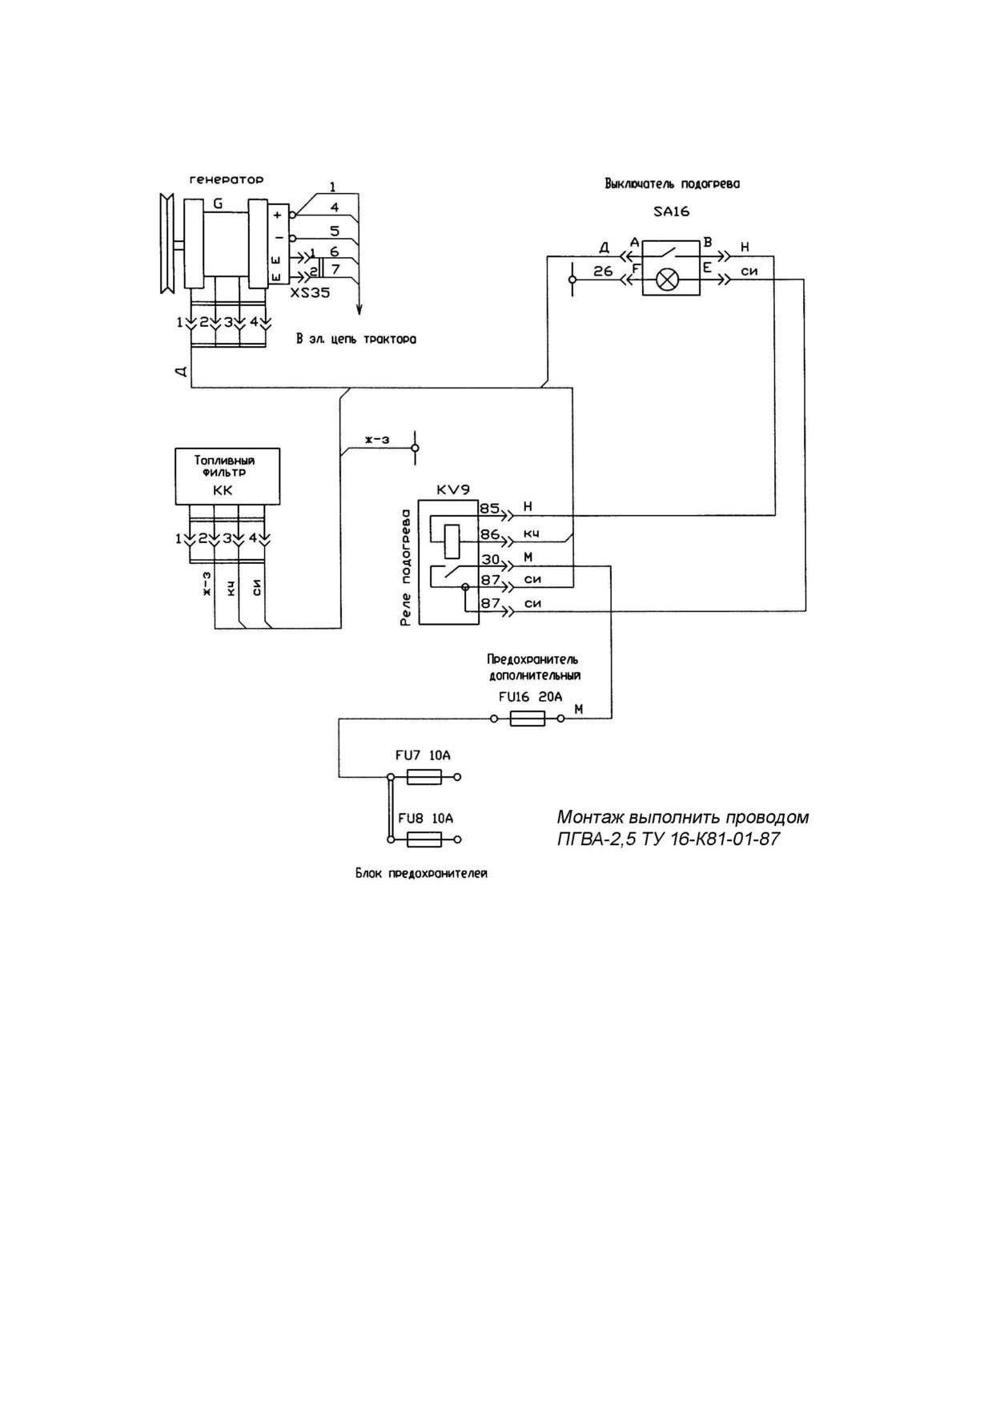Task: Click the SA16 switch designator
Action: point(671,212)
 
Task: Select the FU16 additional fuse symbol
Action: point(528,719)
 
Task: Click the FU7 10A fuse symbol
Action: point(424,777)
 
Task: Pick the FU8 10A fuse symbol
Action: point(424,839)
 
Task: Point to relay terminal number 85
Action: point(490,508)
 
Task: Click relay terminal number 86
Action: point(490,533)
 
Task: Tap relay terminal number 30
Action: point(490,559)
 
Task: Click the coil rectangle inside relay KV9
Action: point(452,541)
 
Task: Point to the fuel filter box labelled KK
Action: point(227,476)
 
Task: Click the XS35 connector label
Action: point(310,293)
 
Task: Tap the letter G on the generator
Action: point(218,203)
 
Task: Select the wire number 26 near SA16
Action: point(603,272)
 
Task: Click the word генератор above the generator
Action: point(226,180)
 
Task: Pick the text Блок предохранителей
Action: point(421,874)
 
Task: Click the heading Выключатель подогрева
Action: point(672,183)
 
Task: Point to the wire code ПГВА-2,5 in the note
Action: point(591,839)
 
